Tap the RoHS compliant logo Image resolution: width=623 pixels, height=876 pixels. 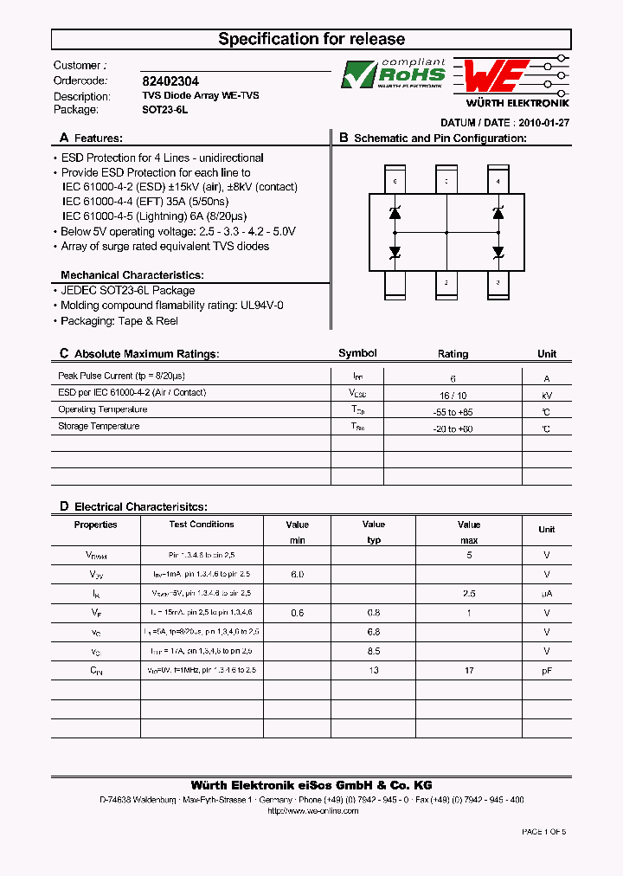pos(394,74)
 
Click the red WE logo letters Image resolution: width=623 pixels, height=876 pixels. pos(493,76)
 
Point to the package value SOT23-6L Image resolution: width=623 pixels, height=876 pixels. pos(164,110)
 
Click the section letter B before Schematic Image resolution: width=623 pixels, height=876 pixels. pos(344,138)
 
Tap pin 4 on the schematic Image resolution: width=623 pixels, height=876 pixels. pos(498,182)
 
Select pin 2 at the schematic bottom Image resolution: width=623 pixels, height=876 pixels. pos(446,282)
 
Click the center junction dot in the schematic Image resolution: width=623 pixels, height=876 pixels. pos(446,233)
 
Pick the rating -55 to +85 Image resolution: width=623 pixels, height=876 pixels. pos(453,412)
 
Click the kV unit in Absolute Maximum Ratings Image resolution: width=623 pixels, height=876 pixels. pos(546,395)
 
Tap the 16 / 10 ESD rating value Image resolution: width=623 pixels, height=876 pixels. pos(453,395)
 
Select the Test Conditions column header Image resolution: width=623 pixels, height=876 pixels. pos(202,525)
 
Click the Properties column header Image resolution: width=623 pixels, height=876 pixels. pos(95,525)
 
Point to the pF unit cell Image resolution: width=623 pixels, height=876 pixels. pos(546,671)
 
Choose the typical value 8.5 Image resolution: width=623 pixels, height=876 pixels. pos(373,651)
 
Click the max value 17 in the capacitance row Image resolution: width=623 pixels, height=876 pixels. pos(469,671)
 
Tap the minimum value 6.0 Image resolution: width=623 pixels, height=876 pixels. pos(297,574)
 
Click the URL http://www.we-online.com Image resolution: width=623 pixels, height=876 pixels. pos(311,811)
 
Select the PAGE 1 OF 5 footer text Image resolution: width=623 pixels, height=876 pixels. pos(543,832)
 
